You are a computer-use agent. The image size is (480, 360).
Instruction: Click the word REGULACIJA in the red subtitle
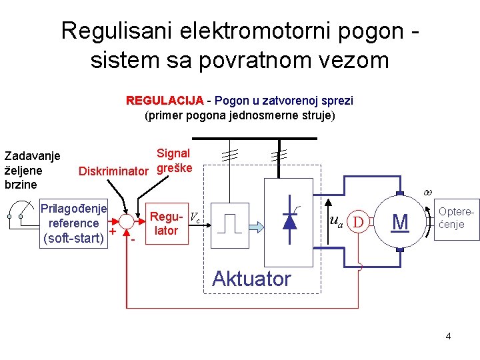(165, 101)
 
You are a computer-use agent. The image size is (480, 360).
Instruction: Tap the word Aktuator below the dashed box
(251, 279)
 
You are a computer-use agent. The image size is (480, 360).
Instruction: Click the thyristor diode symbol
(290, 219)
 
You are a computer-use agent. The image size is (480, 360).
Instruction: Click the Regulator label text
(165, 223)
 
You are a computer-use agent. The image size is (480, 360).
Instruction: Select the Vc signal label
(195, 217)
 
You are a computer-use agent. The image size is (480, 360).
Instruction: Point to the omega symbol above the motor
(427, 192)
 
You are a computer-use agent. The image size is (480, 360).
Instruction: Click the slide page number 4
(448, 336)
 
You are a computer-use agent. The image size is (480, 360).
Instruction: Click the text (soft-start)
(73, 238)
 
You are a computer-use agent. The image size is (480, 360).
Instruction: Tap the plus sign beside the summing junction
(113, 231)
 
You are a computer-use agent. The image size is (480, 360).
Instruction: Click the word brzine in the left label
(21, 183)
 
